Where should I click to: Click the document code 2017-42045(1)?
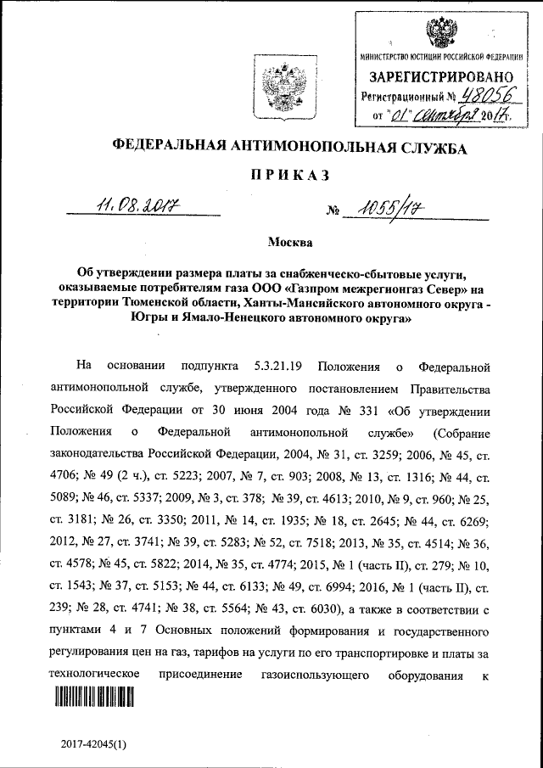93,744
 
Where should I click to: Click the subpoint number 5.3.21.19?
275,367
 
